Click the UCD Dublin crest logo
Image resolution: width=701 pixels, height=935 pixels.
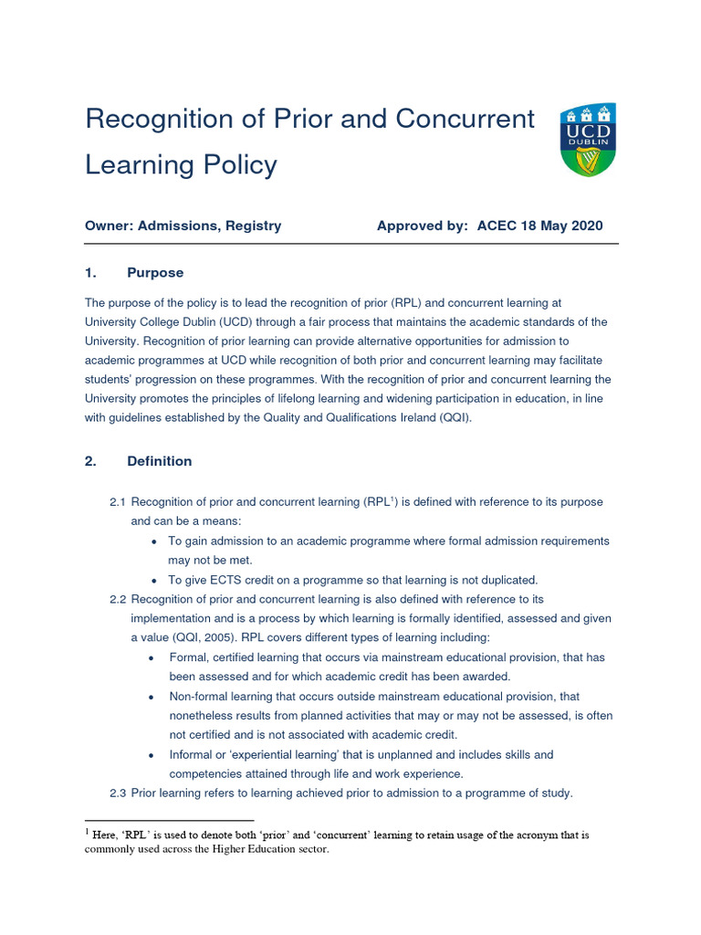[x=588, y=139]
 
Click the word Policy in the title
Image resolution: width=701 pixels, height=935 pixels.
[x=235, y=165]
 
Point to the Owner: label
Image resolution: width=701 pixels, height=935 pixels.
[x=109, y=226]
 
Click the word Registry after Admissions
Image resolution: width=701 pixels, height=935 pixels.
[x=255, y=226]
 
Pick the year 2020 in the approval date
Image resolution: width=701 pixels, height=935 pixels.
[x=583, y=226]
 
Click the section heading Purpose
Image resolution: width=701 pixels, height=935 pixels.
[x=155, y=273]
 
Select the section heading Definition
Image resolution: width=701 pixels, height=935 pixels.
[x=160, y=461]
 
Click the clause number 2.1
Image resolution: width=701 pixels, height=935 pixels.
[x=118, y=502]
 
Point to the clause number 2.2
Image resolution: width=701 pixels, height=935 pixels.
[x=118, y=599]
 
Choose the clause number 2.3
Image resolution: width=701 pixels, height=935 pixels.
[x=118, y=793]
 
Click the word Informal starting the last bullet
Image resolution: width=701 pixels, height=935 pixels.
[x=193, y=755]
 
